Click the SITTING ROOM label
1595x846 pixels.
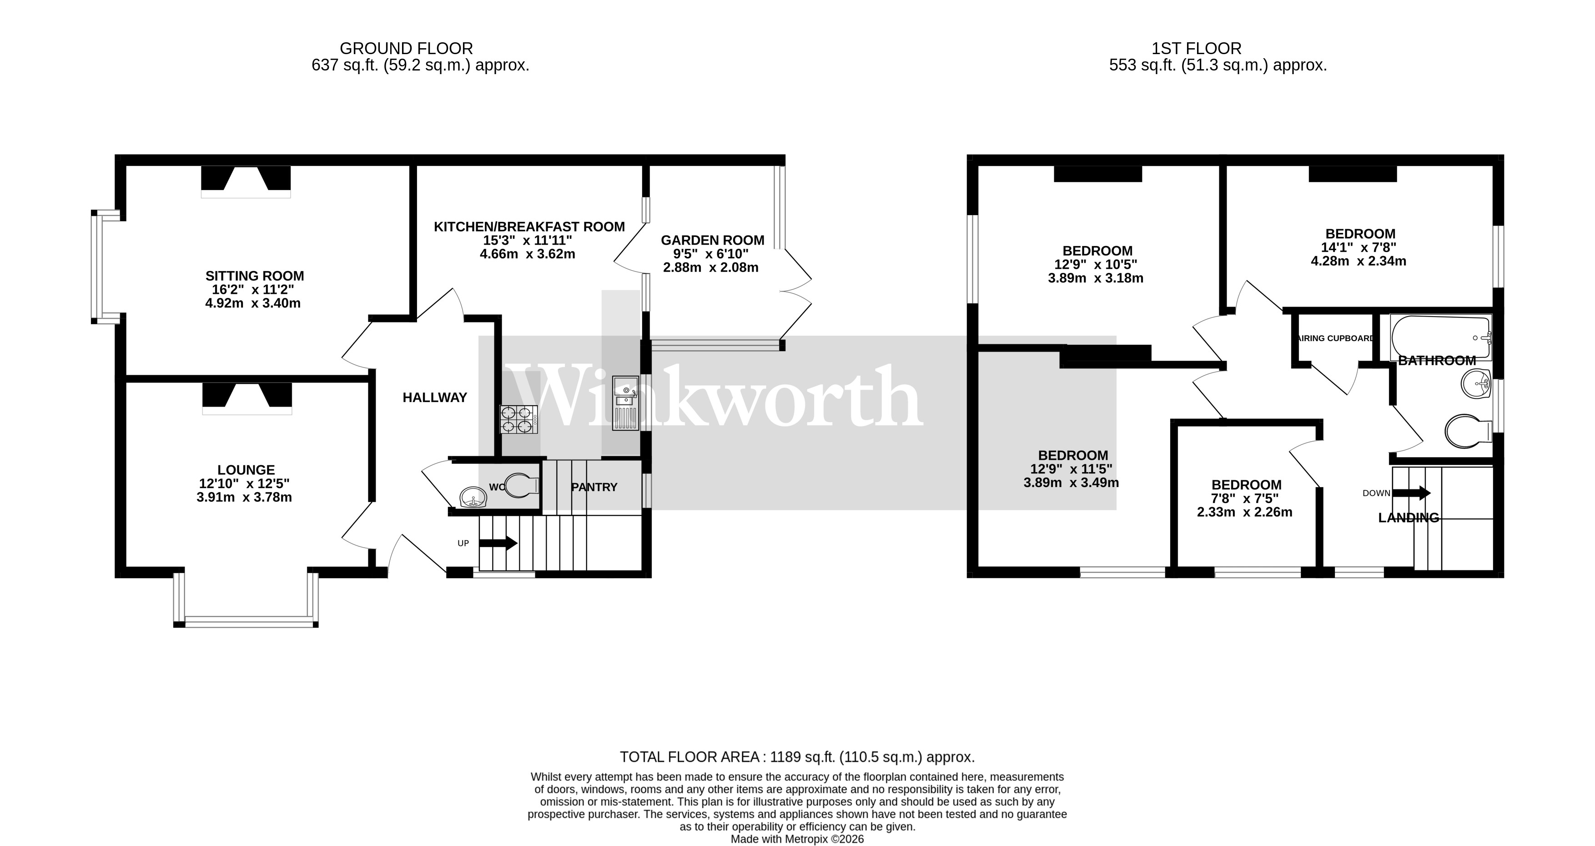(255, 276)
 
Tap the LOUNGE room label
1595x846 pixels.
(246, 470)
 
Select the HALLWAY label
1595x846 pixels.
(435, 398)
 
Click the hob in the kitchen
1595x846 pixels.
(519, 418)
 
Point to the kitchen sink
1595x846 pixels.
(625, 403)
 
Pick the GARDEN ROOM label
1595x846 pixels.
(712, 240)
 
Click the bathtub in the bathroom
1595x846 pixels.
(1440, 337)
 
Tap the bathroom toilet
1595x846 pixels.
(1468, 430)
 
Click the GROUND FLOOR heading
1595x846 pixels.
(406, 48)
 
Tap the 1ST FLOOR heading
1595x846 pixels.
(1196, 48)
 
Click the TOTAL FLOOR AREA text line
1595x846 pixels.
(797, 757)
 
